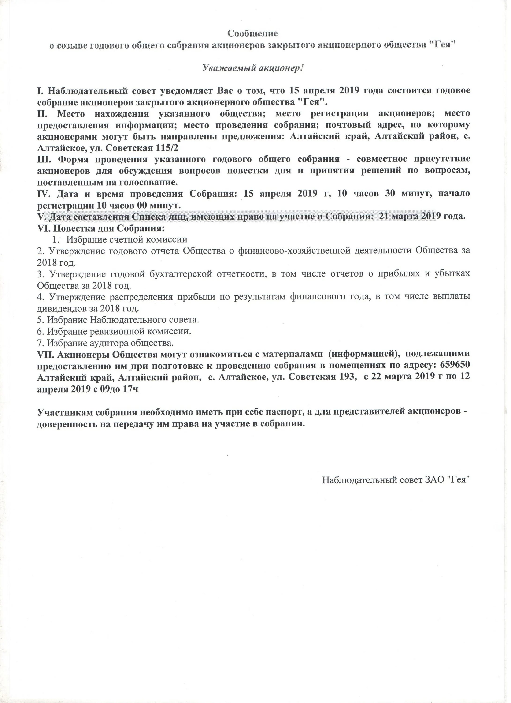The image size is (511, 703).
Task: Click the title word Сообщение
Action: pos(253,33)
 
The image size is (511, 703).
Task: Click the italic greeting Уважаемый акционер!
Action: pos(253,68)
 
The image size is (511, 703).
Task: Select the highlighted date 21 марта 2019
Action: pos(407,216)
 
